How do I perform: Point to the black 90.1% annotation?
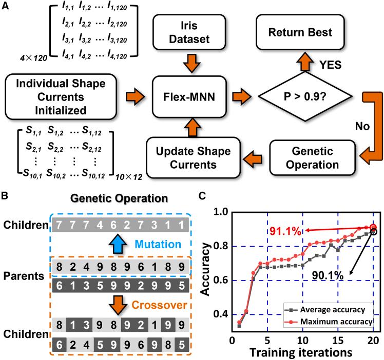327,276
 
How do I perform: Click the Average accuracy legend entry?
328,309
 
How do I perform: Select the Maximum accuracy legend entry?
328,322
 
